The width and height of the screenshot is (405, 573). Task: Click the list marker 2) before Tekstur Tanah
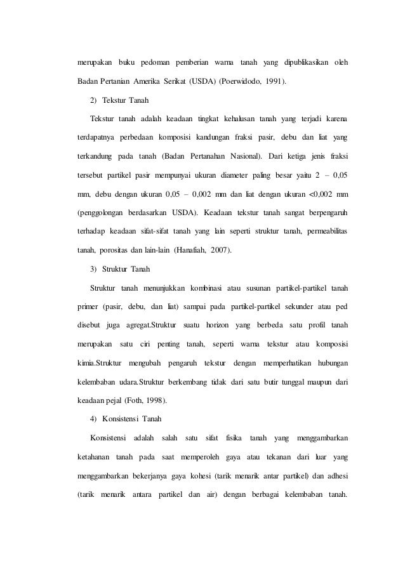pyautogui.click(x=94, y=100)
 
